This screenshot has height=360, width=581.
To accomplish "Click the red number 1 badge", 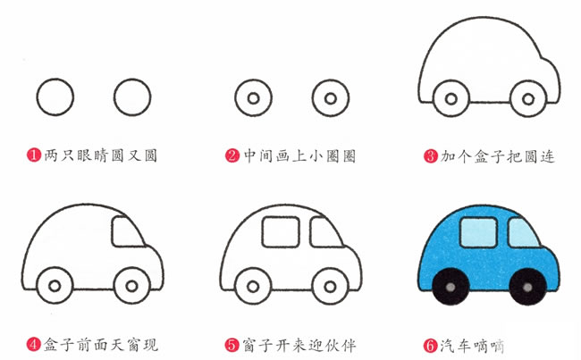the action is (34, 155).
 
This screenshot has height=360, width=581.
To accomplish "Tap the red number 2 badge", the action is (232, 155).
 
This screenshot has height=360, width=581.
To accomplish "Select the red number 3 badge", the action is (431, 156).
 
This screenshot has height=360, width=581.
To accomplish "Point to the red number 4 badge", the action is (34, 345).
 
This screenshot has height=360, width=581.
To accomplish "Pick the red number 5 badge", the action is (232, 345).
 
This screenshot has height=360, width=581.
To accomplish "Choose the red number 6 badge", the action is (431, 346).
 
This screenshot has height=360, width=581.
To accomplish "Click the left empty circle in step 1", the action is (55, 97).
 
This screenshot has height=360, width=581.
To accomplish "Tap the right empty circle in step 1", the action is (132, 97).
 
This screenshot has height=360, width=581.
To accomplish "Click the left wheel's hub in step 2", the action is (254, 98).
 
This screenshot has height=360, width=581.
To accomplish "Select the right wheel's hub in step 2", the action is (331, 98).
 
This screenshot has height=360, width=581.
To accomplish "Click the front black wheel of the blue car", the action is (527, 287).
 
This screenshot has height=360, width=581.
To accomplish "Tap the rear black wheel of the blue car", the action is (450, 287).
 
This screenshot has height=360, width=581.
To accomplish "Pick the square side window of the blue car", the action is (478, 232).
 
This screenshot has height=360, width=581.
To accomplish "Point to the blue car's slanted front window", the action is (523, 232).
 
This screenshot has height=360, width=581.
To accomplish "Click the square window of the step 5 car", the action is (281, 232).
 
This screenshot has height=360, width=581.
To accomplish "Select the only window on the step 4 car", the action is (127, 231).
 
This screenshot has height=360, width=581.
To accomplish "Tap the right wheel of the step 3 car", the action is (528, 99).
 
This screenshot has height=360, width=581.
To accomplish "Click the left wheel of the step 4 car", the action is (55, 286).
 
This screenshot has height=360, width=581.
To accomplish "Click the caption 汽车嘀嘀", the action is (473, 346).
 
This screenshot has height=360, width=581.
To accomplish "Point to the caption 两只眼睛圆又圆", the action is (101, 155).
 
